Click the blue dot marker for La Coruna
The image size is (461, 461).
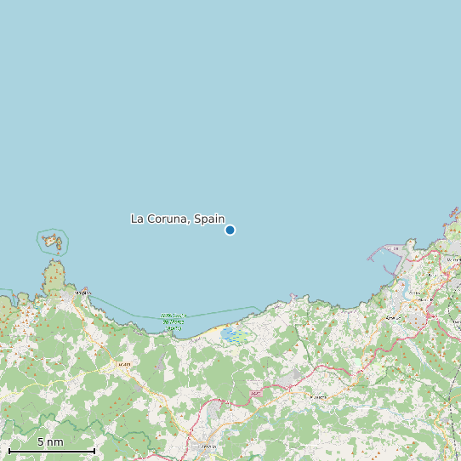[230, 230]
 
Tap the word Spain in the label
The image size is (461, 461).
[209, 219]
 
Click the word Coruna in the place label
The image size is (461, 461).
[168, 219]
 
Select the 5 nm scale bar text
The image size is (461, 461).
[50, 442]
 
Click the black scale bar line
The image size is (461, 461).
[51, 451]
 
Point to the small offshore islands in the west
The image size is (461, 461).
[53, 242]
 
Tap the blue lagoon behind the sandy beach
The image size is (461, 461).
[230, 335]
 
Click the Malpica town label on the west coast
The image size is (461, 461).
[83, 292]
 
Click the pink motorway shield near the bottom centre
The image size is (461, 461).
[256, 394]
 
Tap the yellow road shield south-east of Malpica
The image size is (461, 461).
[123, 364]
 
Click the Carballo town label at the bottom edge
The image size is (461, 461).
[208, 447]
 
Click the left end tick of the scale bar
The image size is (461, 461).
[9, 451]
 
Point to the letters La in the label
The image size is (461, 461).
[137, 219]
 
